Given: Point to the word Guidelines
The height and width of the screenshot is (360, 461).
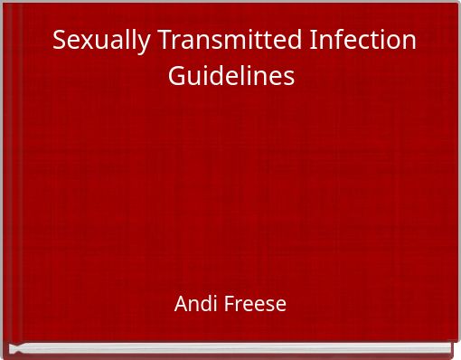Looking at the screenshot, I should (x=231, y=76).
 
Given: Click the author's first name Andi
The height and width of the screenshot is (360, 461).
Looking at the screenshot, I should (x=194, y=304).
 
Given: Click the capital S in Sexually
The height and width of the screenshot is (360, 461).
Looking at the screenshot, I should (x=60, y=42).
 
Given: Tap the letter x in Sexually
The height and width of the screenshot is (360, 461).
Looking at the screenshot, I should (x=85, y=43).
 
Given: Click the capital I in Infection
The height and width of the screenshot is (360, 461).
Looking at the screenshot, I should (x=313, y=42).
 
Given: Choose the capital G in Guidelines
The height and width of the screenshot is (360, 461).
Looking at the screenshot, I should (x=176, y=76).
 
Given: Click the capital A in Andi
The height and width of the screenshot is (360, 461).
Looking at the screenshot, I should (x=181, y=304).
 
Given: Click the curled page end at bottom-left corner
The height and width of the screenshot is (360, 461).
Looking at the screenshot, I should (x=14, y=348).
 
